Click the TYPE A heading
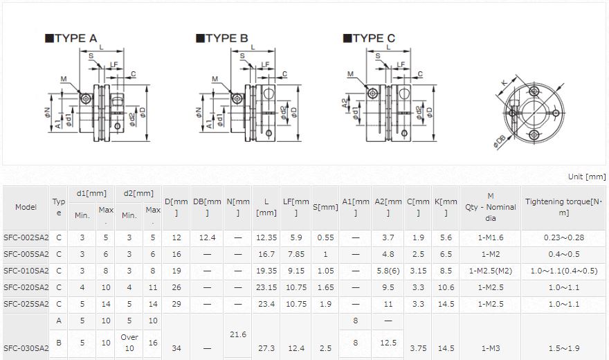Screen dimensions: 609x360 click(71, 38)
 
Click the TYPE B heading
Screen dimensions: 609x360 click(221, 38)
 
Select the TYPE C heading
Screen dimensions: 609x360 click(369, 38)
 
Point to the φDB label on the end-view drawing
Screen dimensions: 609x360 click(500, 141)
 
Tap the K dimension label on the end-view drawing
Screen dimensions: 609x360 click(504, 82)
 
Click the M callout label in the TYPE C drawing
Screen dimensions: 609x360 click(350, 74)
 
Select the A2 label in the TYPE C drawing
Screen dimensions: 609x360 click(345, 103)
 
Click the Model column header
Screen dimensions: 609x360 click(26, 207)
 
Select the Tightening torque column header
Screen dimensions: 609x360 click(563, 207)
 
